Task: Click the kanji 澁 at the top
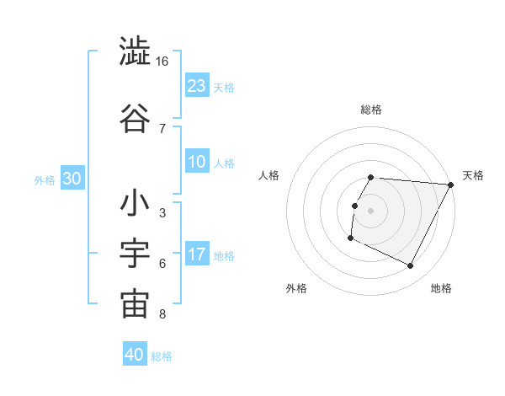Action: (x=135, y=52)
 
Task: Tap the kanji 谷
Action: (x=135, y=118)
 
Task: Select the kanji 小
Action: (x=135, y=204)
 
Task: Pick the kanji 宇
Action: (x=135, y=254)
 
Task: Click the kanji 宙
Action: (x=135, y=305)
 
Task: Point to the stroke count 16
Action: (x=162, y=62)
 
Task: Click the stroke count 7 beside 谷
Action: (x=162, y=128)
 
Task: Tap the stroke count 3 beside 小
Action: (x=162, y=213)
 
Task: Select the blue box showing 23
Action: (x=197, y=85)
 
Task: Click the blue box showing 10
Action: (x=197, y=162)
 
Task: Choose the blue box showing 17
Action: (x=197, y=254)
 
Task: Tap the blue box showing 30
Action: (x=72, y=179)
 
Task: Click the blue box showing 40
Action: (x=135, y=355)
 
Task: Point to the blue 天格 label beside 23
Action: (x=224, y=87)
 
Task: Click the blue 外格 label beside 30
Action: (x=45, y=180)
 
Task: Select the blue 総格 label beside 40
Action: (x=162, y=356)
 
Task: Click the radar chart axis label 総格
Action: (x=371, y=110)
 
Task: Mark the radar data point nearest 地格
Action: (x=411, y=266)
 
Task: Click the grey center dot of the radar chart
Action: (x=371, y=211)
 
